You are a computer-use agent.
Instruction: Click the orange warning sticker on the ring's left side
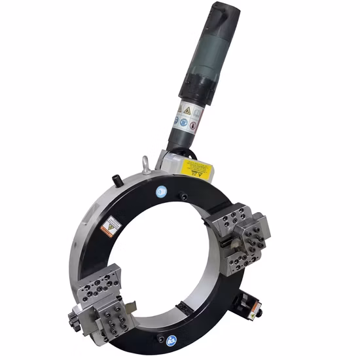tap(111, 225)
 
